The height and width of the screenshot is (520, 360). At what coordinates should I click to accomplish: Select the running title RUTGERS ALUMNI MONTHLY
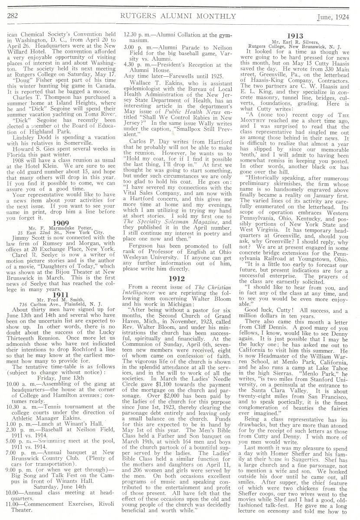[179, 16]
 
